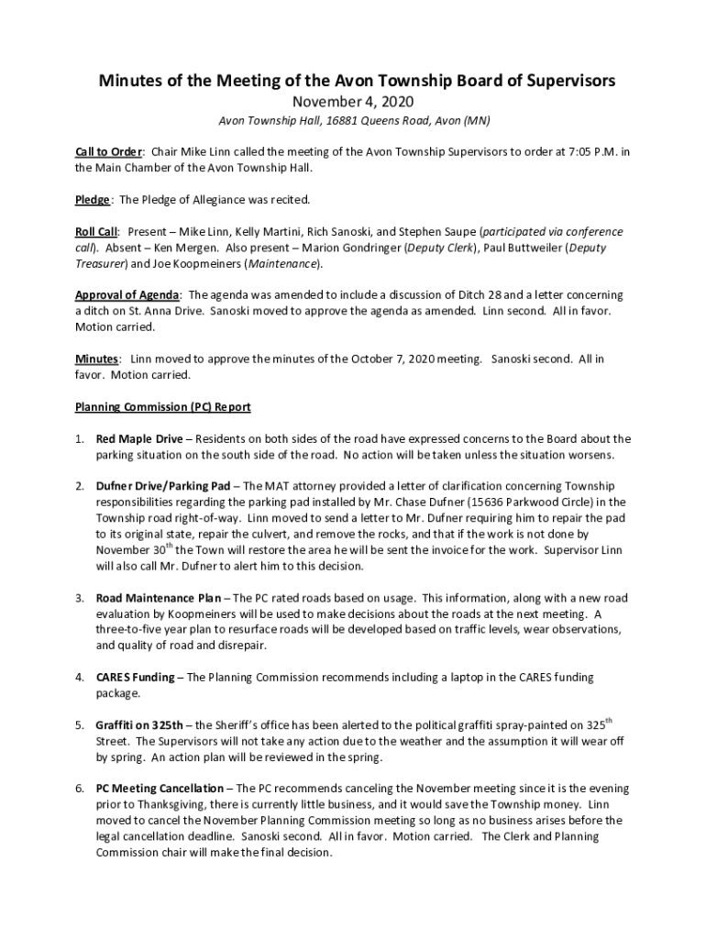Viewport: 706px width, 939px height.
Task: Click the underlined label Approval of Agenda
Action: click(127, 295)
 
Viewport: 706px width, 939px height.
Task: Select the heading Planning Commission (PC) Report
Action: click(163, 406)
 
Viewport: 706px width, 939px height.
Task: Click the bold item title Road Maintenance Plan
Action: click(158, 598)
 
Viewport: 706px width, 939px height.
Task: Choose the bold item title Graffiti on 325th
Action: click(139, 725)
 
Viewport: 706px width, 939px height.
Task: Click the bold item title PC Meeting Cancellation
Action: click(160, 789)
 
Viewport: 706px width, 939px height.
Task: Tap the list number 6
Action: click(80, 789)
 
